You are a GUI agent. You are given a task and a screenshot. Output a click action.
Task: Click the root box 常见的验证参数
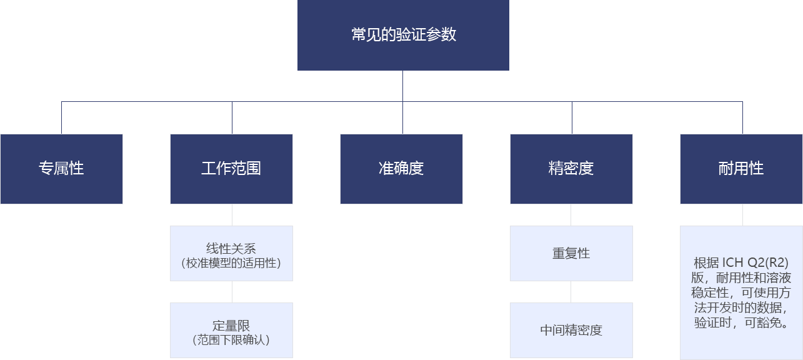coord(403,35)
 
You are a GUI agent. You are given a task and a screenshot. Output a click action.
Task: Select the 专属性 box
coord(62,169)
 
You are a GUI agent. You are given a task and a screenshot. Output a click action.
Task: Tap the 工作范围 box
coord(232,169)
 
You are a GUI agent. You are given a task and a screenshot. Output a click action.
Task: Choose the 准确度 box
coord(401,169)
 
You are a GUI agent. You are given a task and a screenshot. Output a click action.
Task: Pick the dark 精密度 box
coord(571,169)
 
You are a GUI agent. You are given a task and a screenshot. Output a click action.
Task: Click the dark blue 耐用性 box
coord(741,169)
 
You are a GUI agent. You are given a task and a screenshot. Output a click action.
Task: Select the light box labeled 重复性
coord(571,254)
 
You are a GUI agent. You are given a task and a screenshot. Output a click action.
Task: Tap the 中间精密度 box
coord(571,330)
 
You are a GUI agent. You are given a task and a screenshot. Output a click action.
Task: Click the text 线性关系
coord(231,249)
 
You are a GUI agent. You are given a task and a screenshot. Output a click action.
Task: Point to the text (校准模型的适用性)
coord(231,263)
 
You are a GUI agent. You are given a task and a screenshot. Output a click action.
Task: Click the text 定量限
coord(231,326)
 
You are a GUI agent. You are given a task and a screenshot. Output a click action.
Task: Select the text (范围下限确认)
coord(231,339)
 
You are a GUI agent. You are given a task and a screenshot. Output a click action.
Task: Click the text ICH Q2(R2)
coord(756,263)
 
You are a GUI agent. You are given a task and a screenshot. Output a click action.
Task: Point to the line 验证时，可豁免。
coord(741,322)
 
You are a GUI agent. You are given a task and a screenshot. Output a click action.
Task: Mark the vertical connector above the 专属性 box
coord(62,118)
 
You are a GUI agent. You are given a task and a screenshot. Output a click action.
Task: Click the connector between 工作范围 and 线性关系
coord(232,215)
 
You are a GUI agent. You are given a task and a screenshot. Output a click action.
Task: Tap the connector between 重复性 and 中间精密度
coord(571,292)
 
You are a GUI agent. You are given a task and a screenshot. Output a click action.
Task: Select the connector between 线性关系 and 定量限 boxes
coord(232,292)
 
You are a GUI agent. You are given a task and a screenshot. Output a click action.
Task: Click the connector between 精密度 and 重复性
coord(571,215)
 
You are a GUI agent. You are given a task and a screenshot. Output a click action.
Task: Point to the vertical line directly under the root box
coord(402,86)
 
